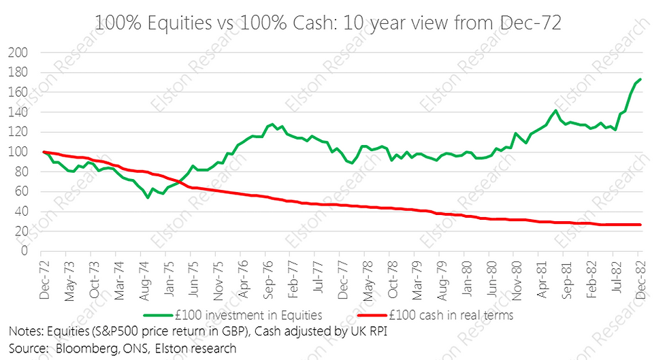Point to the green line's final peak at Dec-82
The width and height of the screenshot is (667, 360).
pos(640,80)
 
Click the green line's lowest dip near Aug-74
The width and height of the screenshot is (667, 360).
pos(147,197)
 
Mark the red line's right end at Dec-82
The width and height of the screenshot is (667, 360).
pos(640,225)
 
